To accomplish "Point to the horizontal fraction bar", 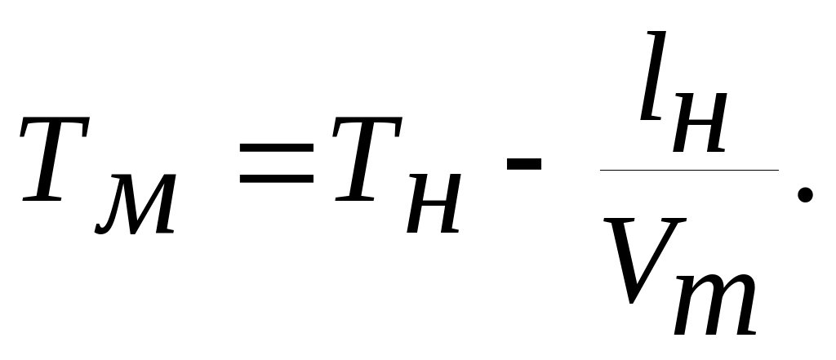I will [x=690, y=170].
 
